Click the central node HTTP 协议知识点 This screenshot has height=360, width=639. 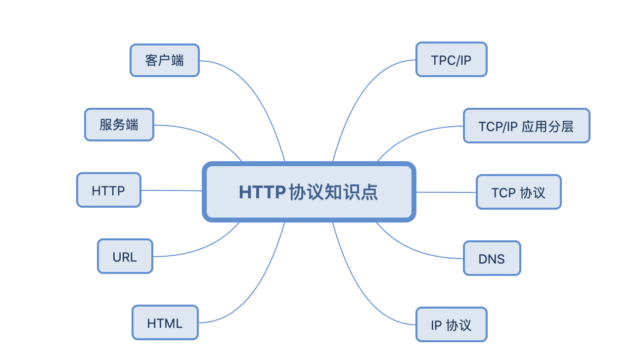309,192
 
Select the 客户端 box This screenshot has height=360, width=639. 165,60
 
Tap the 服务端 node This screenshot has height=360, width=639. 119,125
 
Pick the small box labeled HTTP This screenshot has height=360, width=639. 109,190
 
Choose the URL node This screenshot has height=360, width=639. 125,256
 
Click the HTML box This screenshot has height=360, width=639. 165,322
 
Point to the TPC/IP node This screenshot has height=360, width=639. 451,59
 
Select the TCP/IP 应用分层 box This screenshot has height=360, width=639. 526,126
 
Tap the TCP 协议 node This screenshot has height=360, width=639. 518,192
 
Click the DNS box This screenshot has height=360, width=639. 492,258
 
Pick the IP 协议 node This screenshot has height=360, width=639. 451,324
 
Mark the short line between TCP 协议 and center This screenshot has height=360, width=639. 445,192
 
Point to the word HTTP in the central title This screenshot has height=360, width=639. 262,192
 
